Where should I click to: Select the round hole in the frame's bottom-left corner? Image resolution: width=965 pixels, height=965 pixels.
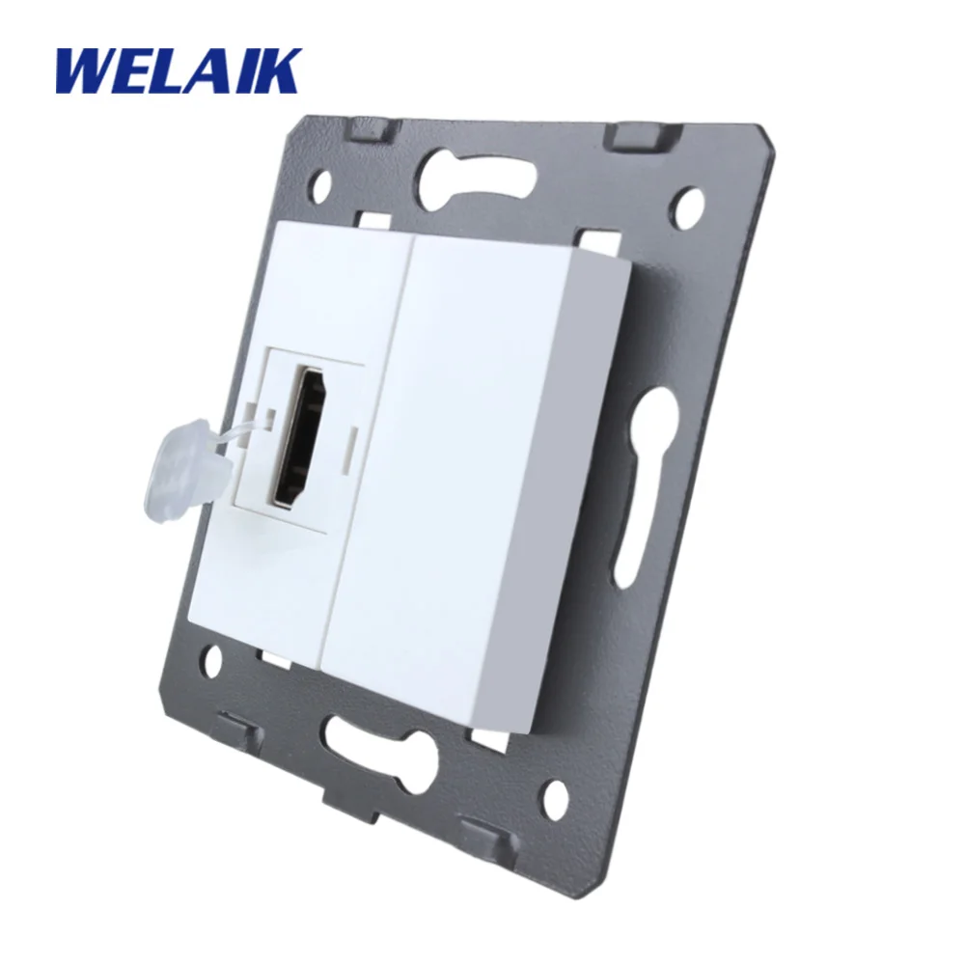click(214, 657)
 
